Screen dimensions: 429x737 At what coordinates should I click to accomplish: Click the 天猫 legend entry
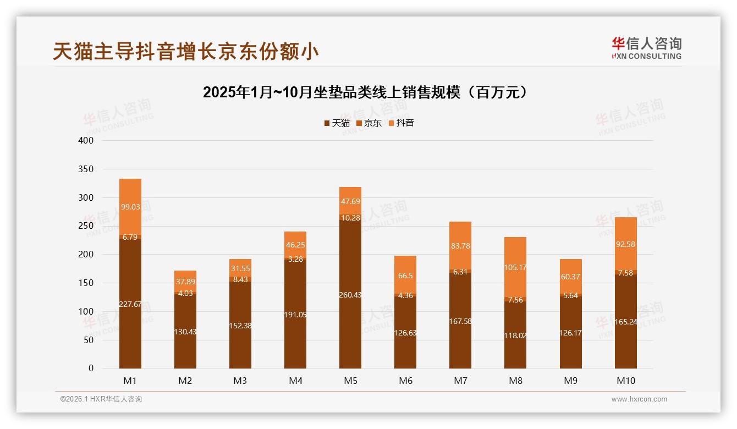point(337,123)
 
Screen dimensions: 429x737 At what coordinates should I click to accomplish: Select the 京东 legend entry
point(369,123)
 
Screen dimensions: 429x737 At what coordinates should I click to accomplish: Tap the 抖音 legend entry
point(401,123)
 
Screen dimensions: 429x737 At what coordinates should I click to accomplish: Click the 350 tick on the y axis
point(86,169)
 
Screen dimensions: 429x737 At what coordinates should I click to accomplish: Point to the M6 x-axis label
point(405,381)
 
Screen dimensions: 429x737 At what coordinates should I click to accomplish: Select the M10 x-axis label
point(626,381)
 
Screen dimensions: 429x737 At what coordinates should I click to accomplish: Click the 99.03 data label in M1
point(130,207)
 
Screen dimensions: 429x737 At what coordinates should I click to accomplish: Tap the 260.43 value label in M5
point(350,295)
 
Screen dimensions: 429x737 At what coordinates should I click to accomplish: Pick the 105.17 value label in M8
point(515,268)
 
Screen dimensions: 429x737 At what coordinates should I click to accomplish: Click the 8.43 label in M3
point(240,279)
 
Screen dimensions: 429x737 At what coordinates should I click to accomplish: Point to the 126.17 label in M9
point(570,333)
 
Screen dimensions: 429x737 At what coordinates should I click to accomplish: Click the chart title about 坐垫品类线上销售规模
point(365,92)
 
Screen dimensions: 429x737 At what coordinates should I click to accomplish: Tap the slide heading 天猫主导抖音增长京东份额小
point(186,51)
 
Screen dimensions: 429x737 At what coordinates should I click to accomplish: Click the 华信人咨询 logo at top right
point(646,48)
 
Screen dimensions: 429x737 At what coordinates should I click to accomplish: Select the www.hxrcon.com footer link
point(639,399)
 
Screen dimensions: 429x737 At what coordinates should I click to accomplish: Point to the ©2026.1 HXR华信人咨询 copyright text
point(101,399)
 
